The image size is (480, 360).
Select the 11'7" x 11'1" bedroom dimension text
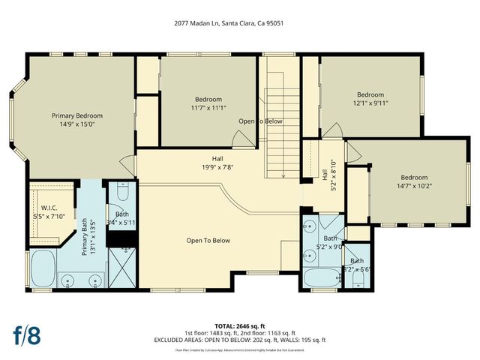click(x=208, y=108)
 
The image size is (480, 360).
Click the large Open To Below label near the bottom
click(x=208, y=241)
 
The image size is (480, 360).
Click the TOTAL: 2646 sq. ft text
click(x=240, y=326)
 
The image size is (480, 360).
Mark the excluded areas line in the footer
click(x=240, y=340)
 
